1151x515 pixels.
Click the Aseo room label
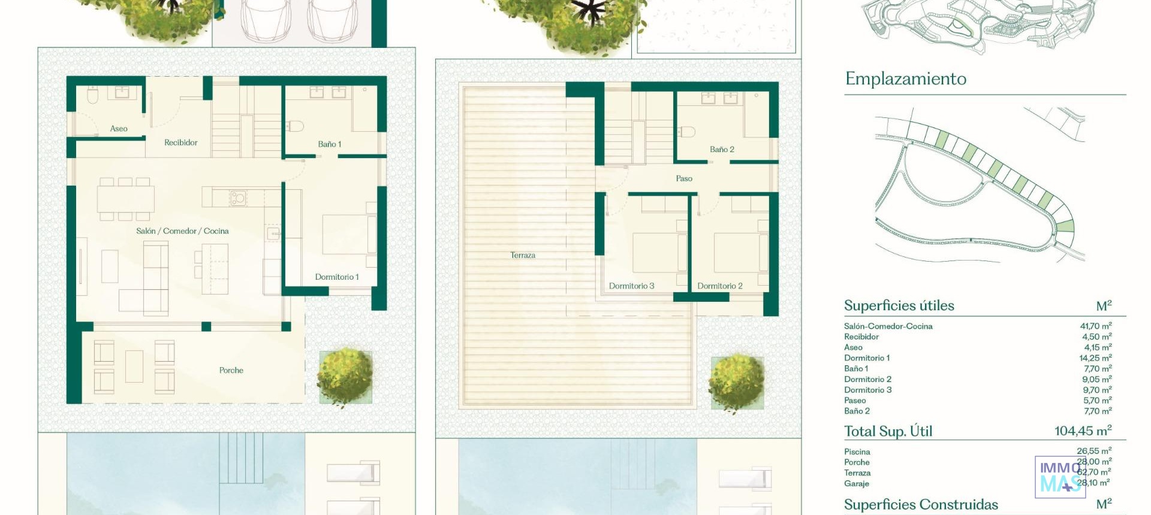point(119,129)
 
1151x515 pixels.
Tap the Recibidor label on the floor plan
point(180,143)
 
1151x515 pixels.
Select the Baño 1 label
point(329,144)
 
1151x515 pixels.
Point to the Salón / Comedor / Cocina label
point(182,231)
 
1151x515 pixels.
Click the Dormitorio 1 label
point(337,277)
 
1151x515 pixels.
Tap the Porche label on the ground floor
point(231,371)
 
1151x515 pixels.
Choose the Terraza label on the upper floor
point(523,255)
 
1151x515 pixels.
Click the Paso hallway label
point(684,178)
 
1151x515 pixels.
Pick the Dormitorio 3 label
point(631,286)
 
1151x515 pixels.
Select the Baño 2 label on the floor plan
point(722,150)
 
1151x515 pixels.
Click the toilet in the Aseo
point(93,95)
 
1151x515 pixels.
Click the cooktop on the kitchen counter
point(238,197)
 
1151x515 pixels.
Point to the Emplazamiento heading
point(905,79)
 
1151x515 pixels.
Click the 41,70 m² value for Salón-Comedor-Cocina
point(1095,326)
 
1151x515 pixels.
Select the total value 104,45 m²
point(1083,431)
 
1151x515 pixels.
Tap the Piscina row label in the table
point(857,452)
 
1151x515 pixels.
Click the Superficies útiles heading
point(899,305)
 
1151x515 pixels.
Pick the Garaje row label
point(856,484)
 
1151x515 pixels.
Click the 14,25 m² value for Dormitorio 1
point(1095,358)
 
